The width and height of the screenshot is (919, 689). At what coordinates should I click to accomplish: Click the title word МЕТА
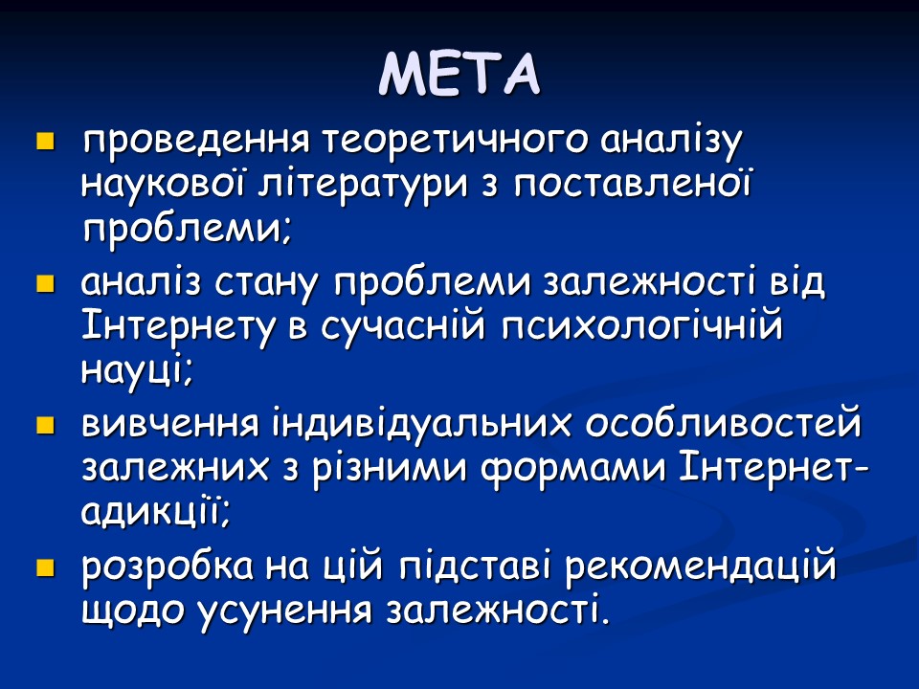coord(459,74)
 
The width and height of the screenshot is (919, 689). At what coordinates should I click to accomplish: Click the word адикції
coord(154,512)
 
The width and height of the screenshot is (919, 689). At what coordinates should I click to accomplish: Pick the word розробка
coord(167,567)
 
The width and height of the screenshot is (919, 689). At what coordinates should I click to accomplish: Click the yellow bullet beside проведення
coord(44,143)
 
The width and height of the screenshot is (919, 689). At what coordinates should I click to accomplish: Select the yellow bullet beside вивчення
coord(44,426)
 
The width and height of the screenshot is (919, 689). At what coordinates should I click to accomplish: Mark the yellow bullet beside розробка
coord(44,568)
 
